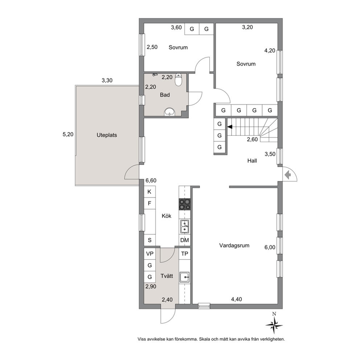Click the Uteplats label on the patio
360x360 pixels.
tap(107, 135)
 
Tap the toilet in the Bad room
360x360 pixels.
tap(179, 79)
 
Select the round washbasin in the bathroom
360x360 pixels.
tap(169, 112)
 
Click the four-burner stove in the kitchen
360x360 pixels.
tap(185, 204)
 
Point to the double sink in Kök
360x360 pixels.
tap(185, 226)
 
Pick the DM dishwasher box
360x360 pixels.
tap(185, 240)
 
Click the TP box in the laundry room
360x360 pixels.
tap(185, 254)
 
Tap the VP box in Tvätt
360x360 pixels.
tap(150, 254)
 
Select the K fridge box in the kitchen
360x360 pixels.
tap(150, 192)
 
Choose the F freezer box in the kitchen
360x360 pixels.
tap(150, 203)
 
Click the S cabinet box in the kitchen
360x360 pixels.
tap(150, 240)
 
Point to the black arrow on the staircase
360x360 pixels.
tap(230, 127)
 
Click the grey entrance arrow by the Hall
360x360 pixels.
tap(288, 175)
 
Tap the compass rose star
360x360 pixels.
tap(274, 325)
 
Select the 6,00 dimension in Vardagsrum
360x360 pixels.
tap(270, 247)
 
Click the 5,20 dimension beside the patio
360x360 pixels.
tap(68, 134)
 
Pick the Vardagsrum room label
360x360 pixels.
tap(234, 245)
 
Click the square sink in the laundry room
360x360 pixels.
tap(185, 277)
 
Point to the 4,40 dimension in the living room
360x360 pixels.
tap(236, 299)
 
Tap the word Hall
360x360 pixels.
tap(252, 161)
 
